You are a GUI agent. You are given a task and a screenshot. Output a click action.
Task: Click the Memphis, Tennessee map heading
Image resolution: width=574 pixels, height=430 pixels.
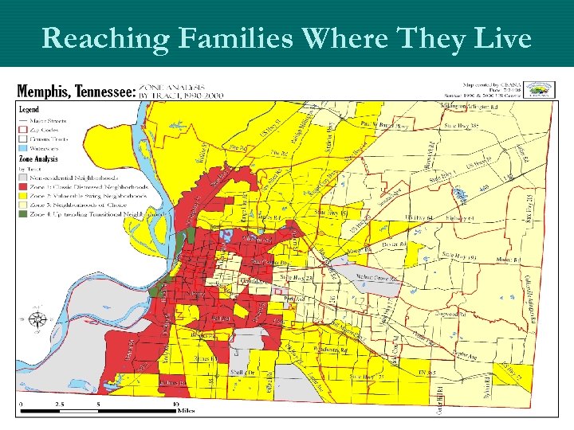[x=76, y=92]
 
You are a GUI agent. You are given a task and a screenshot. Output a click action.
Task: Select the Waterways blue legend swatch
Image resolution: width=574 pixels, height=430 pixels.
[x=23, y=147]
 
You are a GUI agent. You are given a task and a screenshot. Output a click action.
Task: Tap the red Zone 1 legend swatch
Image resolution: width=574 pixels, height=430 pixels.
[x=23, y=186]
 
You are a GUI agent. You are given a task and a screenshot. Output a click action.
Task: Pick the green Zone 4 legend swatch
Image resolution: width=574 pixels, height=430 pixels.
[x=23, y=214]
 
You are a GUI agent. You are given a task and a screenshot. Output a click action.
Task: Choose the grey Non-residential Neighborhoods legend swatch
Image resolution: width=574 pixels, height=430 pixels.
[x=23, y=176]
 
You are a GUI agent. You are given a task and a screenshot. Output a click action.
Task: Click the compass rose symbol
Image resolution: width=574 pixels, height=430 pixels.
[x=37, y=320]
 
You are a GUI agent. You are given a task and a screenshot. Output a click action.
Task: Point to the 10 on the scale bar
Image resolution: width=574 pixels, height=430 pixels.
[x=175, y=404]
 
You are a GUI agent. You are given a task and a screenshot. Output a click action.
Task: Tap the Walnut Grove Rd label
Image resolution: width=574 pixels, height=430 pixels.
[x=374, y=278]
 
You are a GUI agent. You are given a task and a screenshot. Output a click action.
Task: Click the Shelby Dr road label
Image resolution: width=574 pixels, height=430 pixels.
[x=242, y=371]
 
